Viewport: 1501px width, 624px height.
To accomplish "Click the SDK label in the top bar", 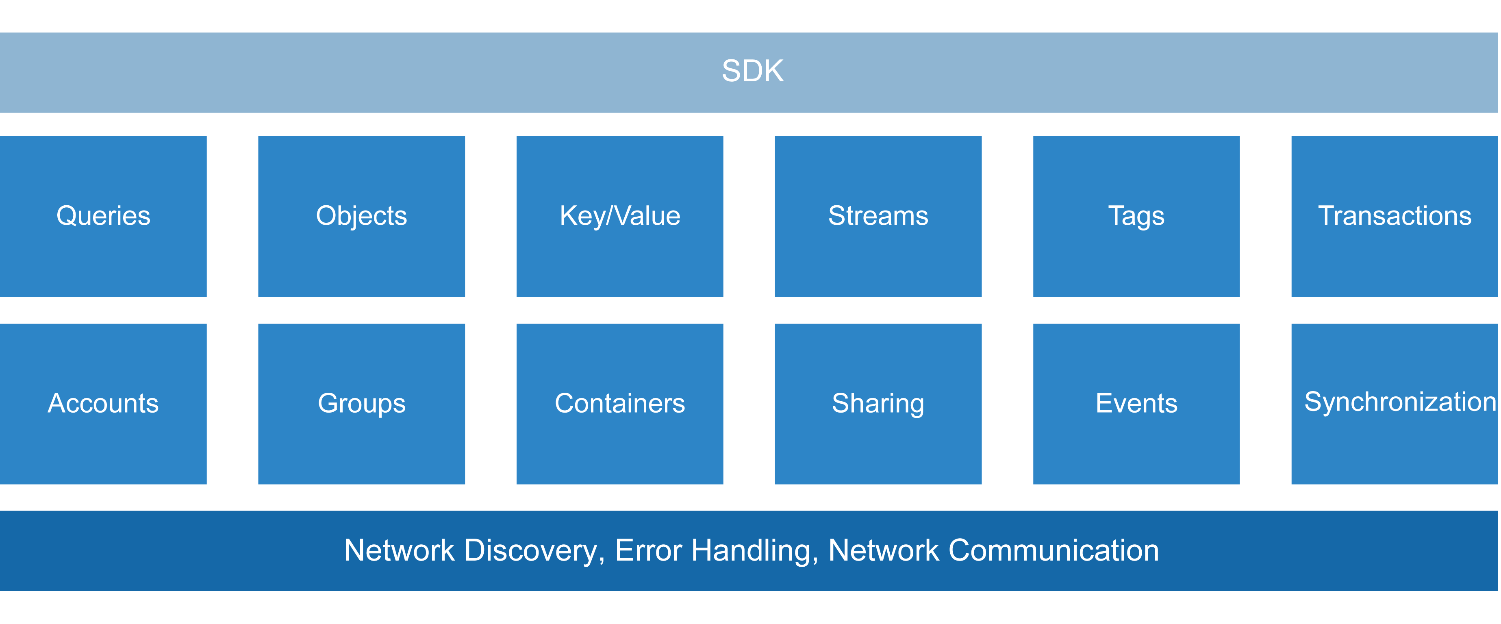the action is [x=752, y=71].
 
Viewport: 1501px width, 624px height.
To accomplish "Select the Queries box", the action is [x=103, y=216].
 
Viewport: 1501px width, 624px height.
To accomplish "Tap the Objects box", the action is [x=361, y=216].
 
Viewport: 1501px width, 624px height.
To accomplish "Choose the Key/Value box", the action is [x=619, y=216].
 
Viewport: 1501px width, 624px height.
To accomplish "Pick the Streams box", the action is [x=878, y=216].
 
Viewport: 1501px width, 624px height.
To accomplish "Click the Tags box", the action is [x=1136, y=216].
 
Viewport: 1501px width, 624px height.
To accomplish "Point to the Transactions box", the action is [x=1395, y=216].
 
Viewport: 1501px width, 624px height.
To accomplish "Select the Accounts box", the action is [x=103, y=404].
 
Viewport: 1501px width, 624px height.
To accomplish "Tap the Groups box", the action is [x=361, y=404].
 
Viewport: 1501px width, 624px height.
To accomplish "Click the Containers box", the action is [x=619, y=404].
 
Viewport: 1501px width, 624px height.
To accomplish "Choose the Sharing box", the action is [x=878, y=404].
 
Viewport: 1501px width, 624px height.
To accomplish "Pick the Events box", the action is [x=1136, y=404].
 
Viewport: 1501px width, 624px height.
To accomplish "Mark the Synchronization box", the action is [x=1395, y=404].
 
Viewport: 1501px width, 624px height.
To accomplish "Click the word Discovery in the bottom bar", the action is [x=530, y=551].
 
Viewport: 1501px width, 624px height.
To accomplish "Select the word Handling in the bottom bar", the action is [x=750, y=551].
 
